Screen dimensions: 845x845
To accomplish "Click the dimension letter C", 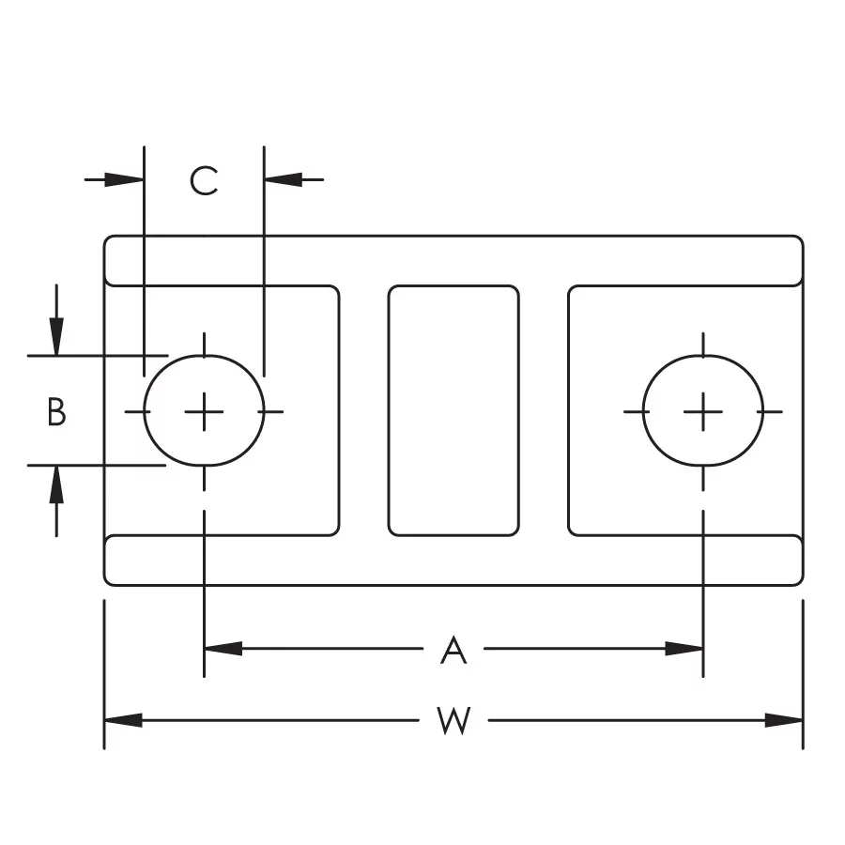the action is pyautogui.click(x=204, y=180).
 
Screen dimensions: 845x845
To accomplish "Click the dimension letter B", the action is pyautogui.click(x=56, y=412).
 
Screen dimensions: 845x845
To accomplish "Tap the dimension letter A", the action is pyautogui.click(x=453, y=650).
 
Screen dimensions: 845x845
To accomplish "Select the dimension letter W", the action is pyautogui.click(x=453, y=720).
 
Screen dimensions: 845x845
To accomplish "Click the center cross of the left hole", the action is pyautogui.click(x=204, y=412).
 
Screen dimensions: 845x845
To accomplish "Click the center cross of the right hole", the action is pyautogui.click(x=702, y=412).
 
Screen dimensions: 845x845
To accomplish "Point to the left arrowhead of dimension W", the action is pyautogui.click(x=123, y=720).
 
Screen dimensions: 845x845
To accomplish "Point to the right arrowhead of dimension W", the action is pyautogui.click(x=784, y=720).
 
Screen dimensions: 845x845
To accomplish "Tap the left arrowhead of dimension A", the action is pyautogui.click(x=223, y=649).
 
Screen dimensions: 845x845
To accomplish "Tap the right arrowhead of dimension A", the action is pyautogui.click(x=684, y=649).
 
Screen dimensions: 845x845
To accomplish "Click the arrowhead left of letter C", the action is pyautogui.click(x=125, y=179).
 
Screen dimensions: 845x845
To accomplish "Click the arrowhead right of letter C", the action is pyautogui.click(x=284, y=179).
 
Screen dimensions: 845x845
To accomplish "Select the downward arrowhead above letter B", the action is pyautogui.click(x=56, y=337).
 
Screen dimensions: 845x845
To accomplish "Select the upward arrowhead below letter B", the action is pyautogui.click(x=56, y=484).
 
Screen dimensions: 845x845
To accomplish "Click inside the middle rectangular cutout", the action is pyautogui.click(x=453, y=410).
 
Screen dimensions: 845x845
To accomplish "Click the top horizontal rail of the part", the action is pyautogui.click(x=453, y=260).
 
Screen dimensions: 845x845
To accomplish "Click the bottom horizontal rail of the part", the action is pyautogui.click(x=453, y=561).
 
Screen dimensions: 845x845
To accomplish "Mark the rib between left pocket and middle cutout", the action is pyautogui.click(x=363, y=410).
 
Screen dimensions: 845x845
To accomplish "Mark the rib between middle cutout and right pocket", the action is pyautogui.click(x=544, y=410).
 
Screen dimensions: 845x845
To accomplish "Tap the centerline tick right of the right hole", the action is pyautogui.click(x=770, y=412).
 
